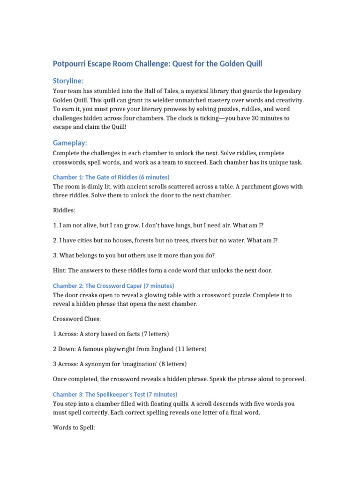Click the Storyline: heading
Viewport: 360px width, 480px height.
point(68,81)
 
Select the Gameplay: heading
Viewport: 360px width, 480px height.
point(70,143)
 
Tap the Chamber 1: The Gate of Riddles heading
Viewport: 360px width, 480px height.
point(111,177)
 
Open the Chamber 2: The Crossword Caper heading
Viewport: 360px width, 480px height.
point(113,285)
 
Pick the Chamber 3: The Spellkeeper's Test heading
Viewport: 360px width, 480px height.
point(115,394)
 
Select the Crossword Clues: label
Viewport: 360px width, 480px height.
point(76,319)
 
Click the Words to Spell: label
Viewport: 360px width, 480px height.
point(74,427)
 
